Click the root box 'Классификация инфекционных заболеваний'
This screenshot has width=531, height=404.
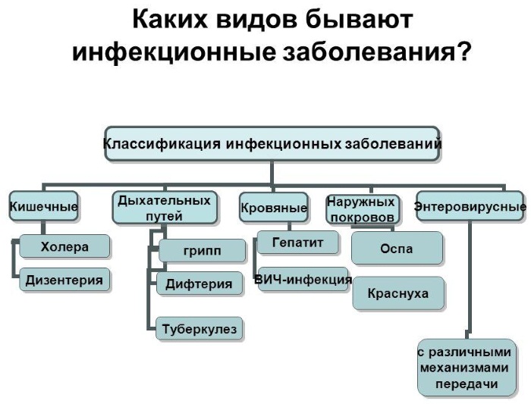click(x=272, y=144)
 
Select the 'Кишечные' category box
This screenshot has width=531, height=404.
click(x=43, y=206)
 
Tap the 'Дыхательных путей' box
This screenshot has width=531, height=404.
click(x=165, y=208)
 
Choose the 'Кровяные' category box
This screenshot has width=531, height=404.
click(x=274, y=207)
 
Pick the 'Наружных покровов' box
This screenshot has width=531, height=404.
click(x=362, y=209)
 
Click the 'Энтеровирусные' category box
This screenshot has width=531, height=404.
click(x=470, y=206)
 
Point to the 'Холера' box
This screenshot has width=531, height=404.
click(x=64, y=246)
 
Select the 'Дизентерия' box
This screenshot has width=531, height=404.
click(x=64, y=280)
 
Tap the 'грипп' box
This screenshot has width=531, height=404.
click(x=203, y=251)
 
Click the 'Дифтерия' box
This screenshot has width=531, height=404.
click(x=200, y=283)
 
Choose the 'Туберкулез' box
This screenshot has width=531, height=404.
click(x=199, y=328)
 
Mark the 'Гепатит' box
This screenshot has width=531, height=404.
click(x=297, y=243)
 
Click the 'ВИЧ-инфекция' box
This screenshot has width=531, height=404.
click(x=303, y=280)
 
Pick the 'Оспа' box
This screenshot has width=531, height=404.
click(x=397, y=249)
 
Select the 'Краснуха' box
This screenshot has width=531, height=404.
click(x=398, y=293)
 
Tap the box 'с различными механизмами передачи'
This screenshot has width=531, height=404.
click(x=467, y=368)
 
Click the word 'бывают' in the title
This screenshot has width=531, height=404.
click(x=359, y=20)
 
